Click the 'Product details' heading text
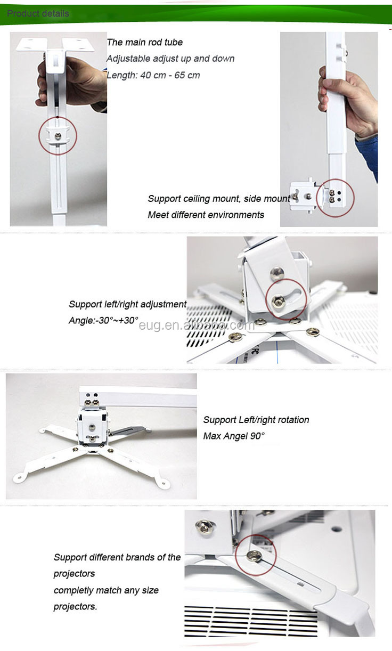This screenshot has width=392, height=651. tap(38, 13)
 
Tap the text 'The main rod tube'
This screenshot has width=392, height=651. tap(145, 43)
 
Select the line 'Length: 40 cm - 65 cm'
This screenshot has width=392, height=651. tap(153, 75)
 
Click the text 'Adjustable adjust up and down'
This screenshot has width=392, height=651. tap(170, 59)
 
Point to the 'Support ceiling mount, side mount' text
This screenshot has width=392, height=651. tap(219, 199)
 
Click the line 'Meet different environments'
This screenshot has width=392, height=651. tap(206, 215)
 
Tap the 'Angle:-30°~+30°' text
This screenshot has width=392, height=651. tap(103, 320)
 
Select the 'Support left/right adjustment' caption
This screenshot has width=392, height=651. tap(128, 304)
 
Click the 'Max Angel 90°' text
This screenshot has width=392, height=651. tap(234, 436)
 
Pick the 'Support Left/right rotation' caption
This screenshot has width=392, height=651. tap(256, 420)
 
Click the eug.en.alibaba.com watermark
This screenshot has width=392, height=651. tap(197, 325)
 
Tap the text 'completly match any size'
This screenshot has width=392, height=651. tap(106, 590)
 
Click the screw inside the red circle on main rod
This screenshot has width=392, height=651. tap(58, 136)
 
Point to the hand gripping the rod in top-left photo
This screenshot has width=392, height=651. tap(71, 82)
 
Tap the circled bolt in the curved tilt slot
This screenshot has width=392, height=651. tap(277, 301)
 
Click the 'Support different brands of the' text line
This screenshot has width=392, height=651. tap(117, 557)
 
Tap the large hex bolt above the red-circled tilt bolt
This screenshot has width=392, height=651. tap(277, 273)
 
